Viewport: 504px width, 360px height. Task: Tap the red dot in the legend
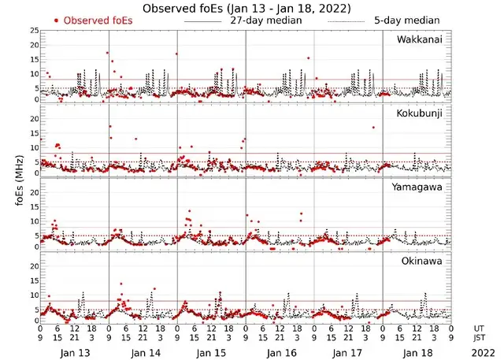56,20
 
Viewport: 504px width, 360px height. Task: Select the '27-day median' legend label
265,20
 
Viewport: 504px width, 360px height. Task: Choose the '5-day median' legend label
408,20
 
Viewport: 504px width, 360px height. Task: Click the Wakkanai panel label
420,39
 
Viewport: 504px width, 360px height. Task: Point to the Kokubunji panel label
418,113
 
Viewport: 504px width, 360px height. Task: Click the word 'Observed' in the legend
87,20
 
